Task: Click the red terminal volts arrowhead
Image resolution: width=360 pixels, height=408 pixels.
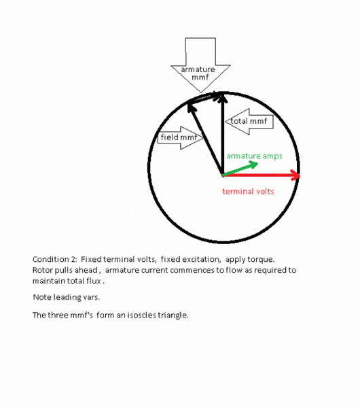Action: [x=295, y=175]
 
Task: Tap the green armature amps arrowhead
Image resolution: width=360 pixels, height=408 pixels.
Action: [x=253, y=165]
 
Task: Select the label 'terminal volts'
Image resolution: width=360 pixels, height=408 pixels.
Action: [x=248, y=192]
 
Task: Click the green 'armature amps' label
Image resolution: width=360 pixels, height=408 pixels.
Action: [x=255, y=156]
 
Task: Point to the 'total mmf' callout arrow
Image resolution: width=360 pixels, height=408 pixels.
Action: [x=249, y=122]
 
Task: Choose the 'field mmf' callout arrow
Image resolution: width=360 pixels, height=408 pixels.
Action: [x=181, y=137]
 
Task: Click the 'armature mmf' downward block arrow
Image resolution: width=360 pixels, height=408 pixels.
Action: [x=200, y=65]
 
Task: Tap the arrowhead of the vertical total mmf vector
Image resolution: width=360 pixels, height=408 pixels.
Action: [x=223, y=97]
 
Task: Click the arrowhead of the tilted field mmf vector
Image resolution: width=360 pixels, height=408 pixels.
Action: [x=192, y=107]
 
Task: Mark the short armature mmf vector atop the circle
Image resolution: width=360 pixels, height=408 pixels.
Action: [x=204, y=98]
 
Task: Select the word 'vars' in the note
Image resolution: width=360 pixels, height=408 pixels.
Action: [x=91, y=297]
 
